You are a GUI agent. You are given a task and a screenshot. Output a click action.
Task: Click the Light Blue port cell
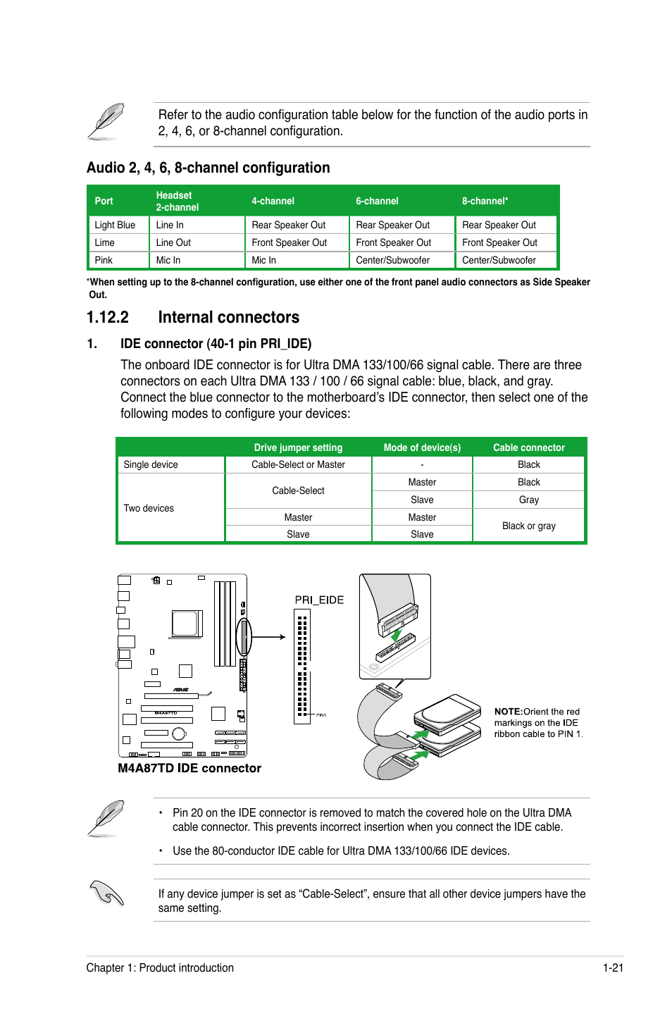[x=115, y=225]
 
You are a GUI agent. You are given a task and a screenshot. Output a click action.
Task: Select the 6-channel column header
[x=377, y=201]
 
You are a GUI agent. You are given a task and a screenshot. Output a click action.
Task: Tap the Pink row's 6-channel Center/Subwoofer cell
[x=392, y=260]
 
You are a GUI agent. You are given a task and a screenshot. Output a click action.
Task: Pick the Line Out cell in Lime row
[x=173, y=242]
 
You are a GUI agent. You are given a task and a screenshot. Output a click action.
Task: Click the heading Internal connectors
[x=228, y=317]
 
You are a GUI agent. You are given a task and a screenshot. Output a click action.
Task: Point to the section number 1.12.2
[x=108, y=317]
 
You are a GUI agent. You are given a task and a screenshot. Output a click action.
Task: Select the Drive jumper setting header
[x=298, y=447]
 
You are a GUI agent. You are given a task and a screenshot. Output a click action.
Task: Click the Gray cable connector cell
[x=528, y=500]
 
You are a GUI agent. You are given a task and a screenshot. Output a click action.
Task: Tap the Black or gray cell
[x=528, y=526]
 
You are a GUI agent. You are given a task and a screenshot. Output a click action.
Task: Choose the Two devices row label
[x=149, y=508]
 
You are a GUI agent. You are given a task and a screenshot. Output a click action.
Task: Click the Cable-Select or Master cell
[x=298, y=464]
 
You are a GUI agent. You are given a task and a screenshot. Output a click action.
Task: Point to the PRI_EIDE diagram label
[x=319, y=600]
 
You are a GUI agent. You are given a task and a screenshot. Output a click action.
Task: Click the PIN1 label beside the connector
[x=321, y=715]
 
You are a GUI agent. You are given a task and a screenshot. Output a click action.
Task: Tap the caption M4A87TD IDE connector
[x=189, y=768]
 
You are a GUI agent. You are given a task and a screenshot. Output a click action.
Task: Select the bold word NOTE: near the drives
[x=508, y=712]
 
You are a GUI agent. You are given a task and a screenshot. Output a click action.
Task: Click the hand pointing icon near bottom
[x=107, y=893]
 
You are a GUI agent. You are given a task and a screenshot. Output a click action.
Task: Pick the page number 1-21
[x=613, y=967]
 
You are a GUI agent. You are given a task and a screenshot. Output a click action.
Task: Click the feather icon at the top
[x=107, y=120]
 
